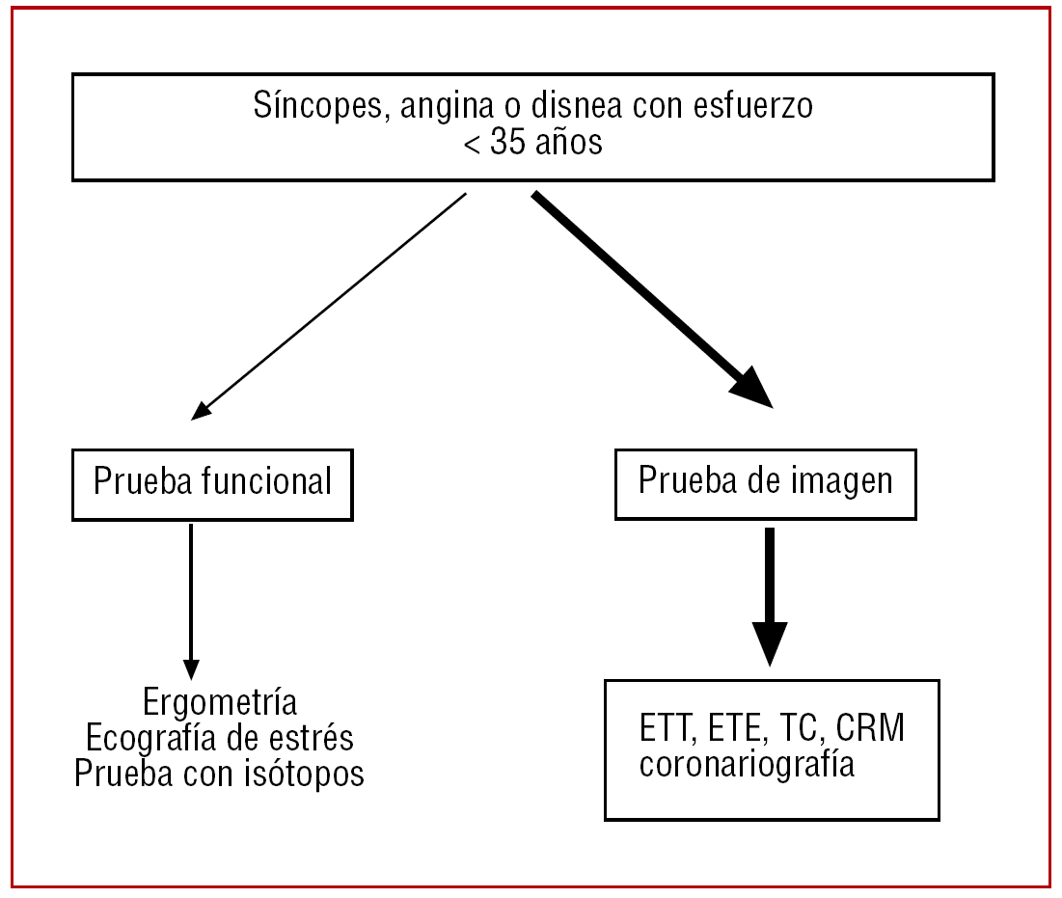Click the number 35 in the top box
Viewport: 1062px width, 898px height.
click(508, 144)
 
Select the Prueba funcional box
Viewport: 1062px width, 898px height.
click(212, 481)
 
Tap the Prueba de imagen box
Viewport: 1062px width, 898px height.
click(765, 481)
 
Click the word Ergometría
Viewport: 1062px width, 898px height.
click(220, 702)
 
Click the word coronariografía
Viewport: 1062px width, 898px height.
click(747, 766)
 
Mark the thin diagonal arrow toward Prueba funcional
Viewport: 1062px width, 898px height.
click(329, 306)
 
